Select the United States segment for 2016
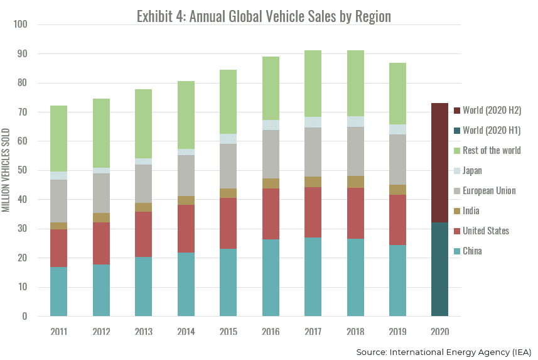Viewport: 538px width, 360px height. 271,214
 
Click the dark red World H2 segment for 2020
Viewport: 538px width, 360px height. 439,163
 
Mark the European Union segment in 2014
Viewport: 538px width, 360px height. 186,175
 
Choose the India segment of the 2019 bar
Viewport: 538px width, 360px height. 397,189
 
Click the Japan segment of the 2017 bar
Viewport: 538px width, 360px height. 313,122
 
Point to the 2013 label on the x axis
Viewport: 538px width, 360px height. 144,331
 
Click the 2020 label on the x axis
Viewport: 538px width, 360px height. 439,331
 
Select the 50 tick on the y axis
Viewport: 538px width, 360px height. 22,170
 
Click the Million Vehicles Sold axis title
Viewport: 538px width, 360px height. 6,170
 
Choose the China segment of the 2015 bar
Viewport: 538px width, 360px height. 229,282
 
